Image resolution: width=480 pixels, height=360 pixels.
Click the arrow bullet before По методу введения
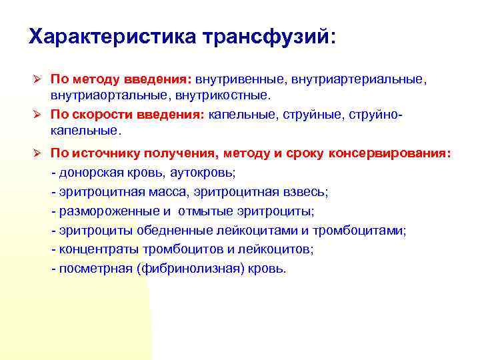tap(37, 80)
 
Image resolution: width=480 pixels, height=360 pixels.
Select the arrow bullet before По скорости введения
tap(37, 115)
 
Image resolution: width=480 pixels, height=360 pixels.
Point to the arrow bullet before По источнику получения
tap(37, 154)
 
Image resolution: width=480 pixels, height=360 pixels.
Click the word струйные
tap(307, 115)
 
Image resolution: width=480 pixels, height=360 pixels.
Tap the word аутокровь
tap(203, 173)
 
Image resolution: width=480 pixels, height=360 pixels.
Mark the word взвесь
tap(305, 192)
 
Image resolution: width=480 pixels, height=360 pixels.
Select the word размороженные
tap(109, 211)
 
